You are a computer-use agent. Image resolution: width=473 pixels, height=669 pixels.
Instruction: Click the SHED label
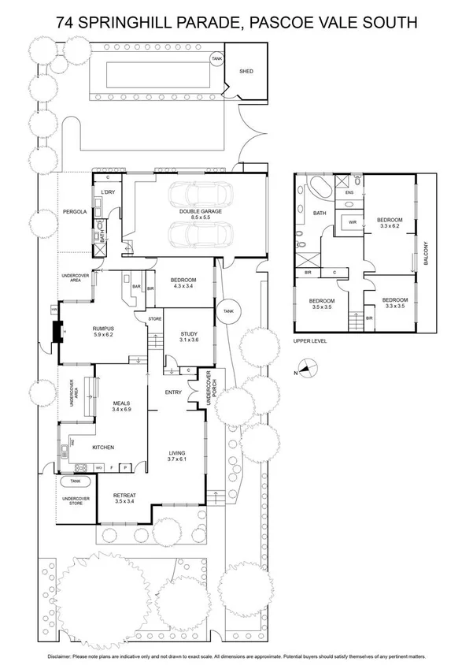[x=246, y=71]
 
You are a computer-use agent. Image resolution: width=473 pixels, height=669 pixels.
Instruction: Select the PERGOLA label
[x=75, y=212]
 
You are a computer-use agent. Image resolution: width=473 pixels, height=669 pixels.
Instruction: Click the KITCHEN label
[x=104, y=448]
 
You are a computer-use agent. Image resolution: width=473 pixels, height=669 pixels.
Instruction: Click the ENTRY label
[x=174, y=392]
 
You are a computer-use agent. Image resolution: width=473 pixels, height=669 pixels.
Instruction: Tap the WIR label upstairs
[x=353, y=223]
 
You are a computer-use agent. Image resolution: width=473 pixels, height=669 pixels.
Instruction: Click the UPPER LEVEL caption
[x=309, y=341]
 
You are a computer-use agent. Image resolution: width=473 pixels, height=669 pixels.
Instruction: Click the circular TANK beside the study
[x=229, y=310]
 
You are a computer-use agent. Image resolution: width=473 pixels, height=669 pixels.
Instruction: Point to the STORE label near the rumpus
[x=154, y=318]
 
